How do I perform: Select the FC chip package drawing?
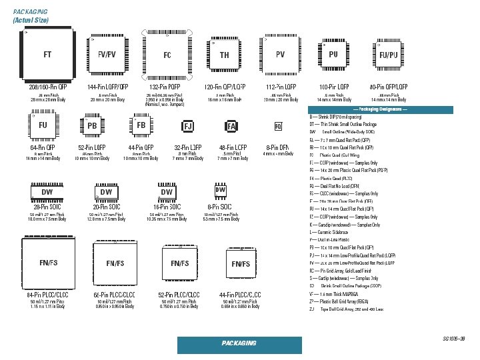(167, 55)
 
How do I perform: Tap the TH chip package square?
(225, 55)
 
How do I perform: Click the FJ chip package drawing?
(188, 125)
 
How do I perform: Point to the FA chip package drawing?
(231, 126)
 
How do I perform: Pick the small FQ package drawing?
(278, 126)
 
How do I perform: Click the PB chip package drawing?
(92, 125)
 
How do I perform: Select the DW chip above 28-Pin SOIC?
(47, 192)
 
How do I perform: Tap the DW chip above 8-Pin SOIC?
(221, 191)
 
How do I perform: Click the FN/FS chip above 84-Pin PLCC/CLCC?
(47, 263)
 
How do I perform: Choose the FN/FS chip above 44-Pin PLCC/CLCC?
(240, 264)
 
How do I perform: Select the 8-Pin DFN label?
(277, 147)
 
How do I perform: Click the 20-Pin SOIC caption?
(106, 207)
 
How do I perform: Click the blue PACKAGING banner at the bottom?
(239, 343)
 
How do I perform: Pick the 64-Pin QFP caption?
(43, 147)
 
